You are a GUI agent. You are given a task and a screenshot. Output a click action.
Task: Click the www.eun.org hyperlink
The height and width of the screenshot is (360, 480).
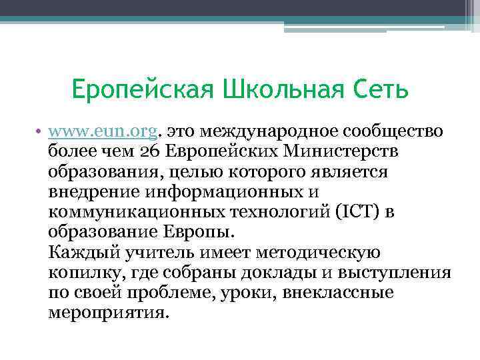coord(103,131)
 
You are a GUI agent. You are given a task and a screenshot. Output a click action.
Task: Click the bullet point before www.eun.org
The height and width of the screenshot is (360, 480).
coord(41,131)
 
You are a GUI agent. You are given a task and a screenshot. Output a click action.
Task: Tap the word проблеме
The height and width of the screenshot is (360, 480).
coord(179,293)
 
